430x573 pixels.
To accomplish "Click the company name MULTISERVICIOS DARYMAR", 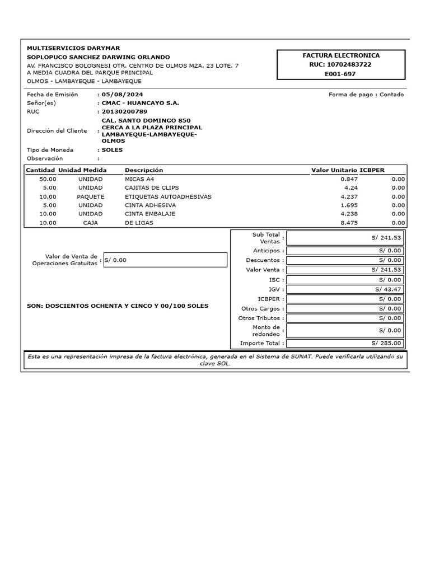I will (73, 48).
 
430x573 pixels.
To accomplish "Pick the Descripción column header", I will (144, 170).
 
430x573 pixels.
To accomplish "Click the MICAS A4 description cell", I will (139, 179).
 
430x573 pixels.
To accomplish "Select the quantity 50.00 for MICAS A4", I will (48, 179).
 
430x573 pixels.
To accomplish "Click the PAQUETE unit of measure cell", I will (91, 197).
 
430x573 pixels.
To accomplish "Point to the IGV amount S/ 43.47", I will (388, 289).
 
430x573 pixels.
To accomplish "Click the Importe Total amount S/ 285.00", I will (386, 343).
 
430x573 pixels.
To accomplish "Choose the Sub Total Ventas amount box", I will (344, 238).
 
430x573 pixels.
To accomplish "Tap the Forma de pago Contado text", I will (366, 95).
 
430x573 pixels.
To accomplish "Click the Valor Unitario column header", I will (334, 170).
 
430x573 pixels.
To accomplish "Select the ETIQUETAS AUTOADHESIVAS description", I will (168, 197).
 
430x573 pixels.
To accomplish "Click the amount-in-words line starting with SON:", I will (118, 306).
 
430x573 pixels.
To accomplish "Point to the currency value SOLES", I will (112, 150).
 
